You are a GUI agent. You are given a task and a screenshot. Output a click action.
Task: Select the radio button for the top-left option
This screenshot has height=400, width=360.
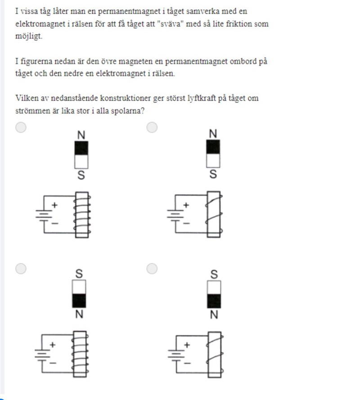21,127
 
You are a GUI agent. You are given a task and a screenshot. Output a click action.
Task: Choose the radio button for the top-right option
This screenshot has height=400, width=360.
152,127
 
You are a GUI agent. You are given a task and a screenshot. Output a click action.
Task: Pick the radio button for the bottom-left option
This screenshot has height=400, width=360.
21,269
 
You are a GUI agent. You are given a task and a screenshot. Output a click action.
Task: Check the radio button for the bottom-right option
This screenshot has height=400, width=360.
152,269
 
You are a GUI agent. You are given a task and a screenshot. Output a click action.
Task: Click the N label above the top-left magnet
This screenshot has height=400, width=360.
81,135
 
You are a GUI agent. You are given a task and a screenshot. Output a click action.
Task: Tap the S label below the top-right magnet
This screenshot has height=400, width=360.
213,174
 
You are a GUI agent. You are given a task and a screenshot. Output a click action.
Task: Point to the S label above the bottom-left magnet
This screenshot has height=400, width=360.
79,274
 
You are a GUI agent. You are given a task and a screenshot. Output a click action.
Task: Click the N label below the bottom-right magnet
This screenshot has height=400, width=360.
214,315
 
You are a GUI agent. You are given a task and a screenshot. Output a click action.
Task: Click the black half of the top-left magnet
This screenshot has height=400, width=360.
81,148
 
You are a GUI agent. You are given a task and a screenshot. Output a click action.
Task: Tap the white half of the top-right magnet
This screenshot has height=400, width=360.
213,161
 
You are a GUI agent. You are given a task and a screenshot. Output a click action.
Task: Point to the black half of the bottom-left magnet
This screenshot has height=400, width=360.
79,301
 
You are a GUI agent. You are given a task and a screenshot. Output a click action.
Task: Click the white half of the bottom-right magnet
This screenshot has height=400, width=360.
214,288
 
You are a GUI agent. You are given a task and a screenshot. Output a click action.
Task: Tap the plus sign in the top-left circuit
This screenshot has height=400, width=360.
54,205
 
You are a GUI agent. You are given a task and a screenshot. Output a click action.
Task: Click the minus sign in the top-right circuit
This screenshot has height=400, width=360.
186,224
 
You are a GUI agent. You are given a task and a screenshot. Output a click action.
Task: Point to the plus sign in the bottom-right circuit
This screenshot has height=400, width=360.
187,345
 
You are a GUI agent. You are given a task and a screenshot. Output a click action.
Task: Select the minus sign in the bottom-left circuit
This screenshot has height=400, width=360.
53,363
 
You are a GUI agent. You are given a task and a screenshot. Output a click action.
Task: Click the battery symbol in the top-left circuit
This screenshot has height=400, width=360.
44,214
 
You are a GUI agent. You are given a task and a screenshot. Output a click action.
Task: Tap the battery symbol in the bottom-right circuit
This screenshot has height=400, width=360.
176,354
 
